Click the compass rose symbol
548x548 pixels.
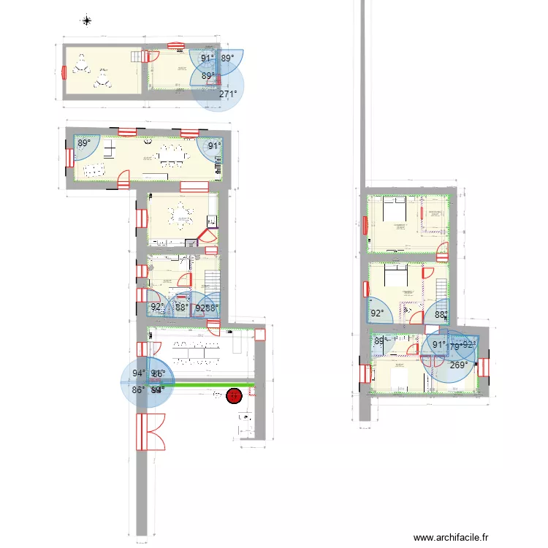[87, 20]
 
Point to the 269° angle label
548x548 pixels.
[459, 366]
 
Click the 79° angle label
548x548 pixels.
[455, 347]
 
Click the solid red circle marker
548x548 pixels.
[234, 396]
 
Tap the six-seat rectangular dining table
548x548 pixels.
[172, 155]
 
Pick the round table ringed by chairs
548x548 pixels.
[180, 214]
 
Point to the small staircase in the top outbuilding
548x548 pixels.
[135, 56]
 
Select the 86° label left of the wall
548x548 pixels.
[137, 390]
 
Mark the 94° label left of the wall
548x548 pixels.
[138, 373]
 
